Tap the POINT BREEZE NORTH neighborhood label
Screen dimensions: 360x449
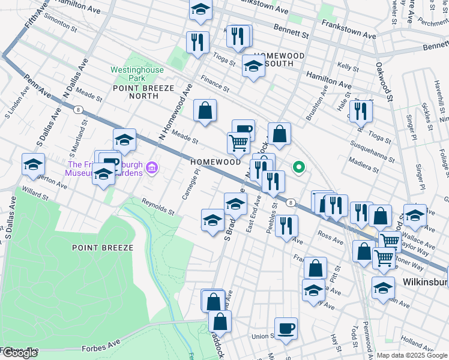[136, 92]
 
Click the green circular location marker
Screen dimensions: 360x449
[298, 168]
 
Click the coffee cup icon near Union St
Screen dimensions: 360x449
[286, 329]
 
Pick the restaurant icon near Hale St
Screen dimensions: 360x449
[361, 111]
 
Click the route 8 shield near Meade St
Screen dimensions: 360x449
[78, 109]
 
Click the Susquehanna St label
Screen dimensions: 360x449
[371, 153]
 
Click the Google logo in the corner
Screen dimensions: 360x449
[20, 353]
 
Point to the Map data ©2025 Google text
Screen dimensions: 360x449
[411, 355]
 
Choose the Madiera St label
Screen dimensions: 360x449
[364, 165]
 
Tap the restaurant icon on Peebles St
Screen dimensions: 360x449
[287, 226]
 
